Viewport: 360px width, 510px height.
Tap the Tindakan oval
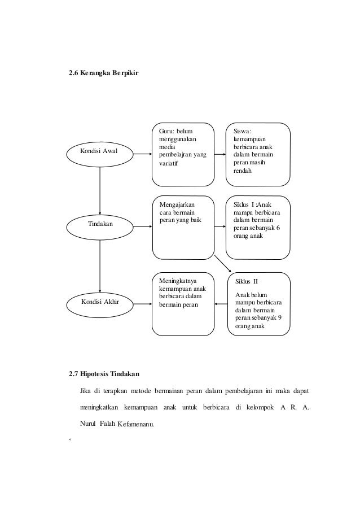click(100, 224)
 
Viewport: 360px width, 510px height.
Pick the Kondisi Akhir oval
click(100, 302)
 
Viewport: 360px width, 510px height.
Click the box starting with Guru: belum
click(183, 154)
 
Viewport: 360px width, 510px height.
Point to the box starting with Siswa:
click(257, 154)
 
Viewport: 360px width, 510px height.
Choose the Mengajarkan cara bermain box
click(183, 226)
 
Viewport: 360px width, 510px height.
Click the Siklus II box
click(257, 303)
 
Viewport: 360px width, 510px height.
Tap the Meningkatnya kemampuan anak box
click(183, 303)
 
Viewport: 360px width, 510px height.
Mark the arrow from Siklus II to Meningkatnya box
click(221, 303)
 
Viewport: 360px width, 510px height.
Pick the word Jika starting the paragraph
click(85, 390)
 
